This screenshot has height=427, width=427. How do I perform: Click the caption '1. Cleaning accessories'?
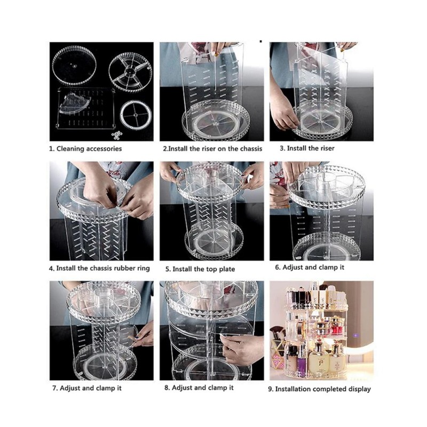(x=85, y=149)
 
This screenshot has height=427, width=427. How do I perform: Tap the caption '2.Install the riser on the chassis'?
(x=212, y=149)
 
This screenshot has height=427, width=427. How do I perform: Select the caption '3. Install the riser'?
(x=307, y=148)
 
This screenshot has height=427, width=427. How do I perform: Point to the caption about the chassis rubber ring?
(x=99, y=268)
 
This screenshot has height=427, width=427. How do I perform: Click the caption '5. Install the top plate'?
(x=200, y=269)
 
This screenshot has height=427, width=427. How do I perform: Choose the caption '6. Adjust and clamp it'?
(x=310, y=267)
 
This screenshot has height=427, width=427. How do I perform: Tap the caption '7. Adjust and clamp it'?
(x=87, y=388)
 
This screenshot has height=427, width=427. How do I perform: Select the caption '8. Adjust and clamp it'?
(x=199, y=388)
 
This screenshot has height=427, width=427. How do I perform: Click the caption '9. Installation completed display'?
(x=319, y=389)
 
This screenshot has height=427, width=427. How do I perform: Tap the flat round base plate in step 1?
(x=74, y=66)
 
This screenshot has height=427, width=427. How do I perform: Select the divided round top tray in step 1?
(x=130, y=72)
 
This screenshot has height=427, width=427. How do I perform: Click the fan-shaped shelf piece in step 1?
(x=74, y=103)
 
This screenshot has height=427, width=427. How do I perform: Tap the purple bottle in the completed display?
(x=301, y=360)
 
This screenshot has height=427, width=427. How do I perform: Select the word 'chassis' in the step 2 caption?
(x=251, y=149)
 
